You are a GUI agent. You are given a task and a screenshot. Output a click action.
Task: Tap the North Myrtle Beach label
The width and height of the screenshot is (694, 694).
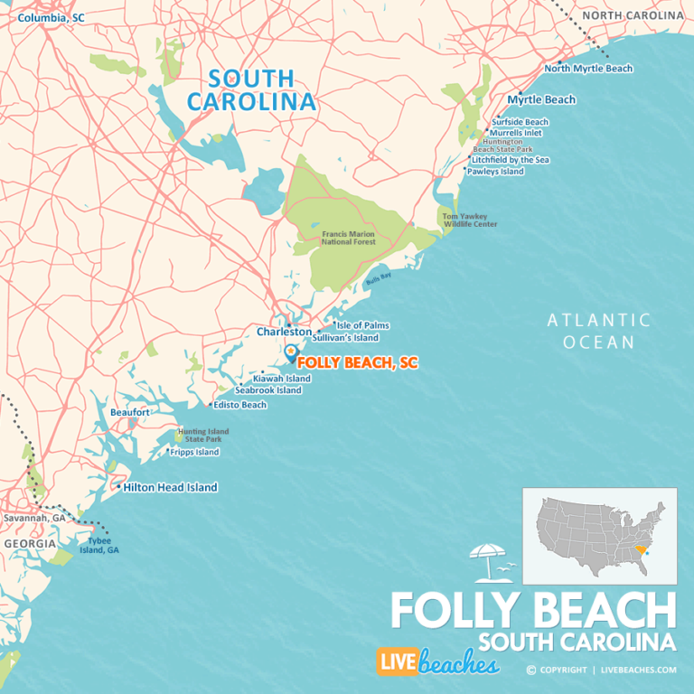(x=588, y=69)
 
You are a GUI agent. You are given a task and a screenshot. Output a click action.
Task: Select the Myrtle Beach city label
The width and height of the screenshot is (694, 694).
(x=541, y=99)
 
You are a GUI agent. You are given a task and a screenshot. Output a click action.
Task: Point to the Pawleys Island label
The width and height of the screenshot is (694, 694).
(x=496, y=172)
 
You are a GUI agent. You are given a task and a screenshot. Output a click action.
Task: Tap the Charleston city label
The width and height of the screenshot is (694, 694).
(x=284, y=332)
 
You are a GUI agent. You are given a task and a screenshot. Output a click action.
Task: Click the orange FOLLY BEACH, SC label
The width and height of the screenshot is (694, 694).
(x=358, y=363)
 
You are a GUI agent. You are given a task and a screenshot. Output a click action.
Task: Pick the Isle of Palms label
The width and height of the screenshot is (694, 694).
(x=362, y=324)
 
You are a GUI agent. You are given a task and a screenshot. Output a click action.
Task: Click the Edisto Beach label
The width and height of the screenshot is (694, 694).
(x=240, y=405)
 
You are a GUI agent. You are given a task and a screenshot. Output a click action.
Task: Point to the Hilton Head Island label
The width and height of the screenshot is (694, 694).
(x=170, y=487)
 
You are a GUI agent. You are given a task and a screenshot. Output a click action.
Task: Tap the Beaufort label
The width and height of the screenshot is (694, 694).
(x=129, y=412)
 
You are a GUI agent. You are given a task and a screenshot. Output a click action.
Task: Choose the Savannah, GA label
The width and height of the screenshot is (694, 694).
(x=34, y=519)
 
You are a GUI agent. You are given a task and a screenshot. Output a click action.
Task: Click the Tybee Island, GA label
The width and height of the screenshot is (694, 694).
(x=98, y=545)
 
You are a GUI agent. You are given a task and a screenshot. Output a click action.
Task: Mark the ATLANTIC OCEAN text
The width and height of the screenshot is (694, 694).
(x=598, y=331)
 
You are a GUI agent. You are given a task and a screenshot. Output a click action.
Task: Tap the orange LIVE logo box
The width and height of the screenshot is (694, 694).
(x=396, y=663)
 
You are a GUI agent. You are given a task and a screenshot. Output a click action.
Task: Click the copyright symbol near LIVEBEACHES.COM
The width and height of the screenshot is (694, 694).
(x=531, y=670)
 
